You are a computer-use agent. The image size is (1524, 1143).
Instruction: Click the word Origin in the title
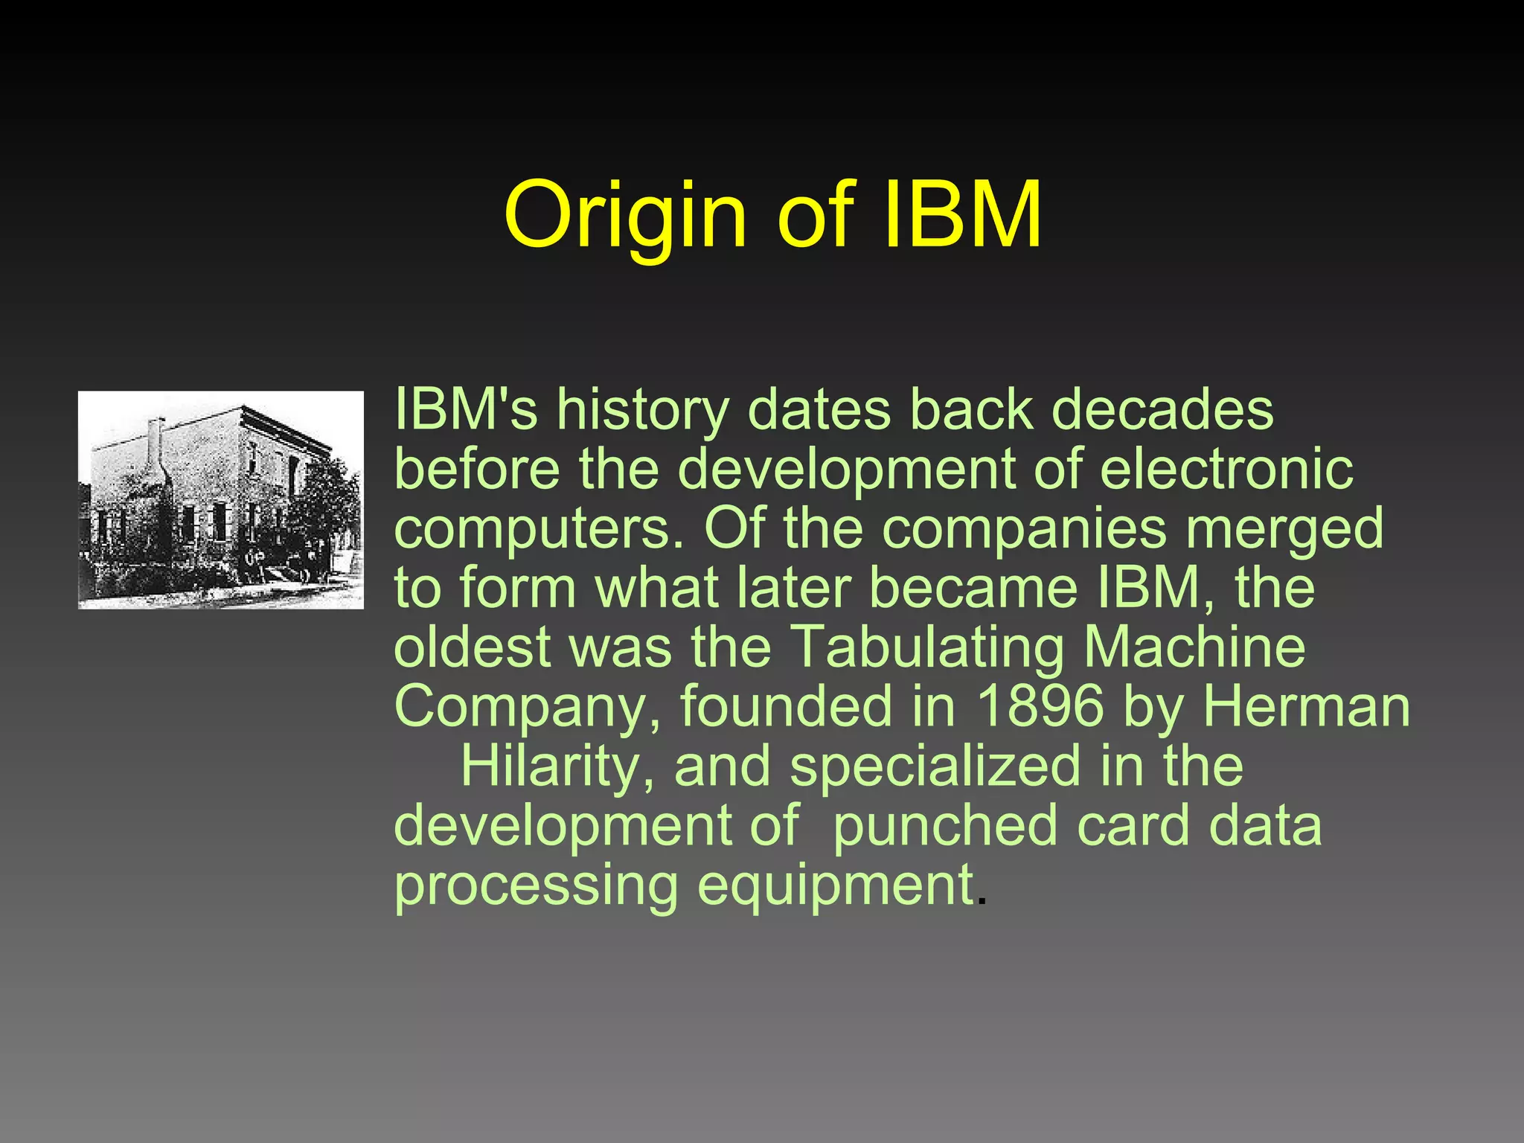tap(625, 216)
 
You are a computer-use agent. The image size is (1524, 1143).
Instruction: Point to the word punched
tap(945, 826)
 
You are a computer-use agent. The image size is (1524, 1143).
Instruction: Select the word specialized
tap(935, 766)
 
